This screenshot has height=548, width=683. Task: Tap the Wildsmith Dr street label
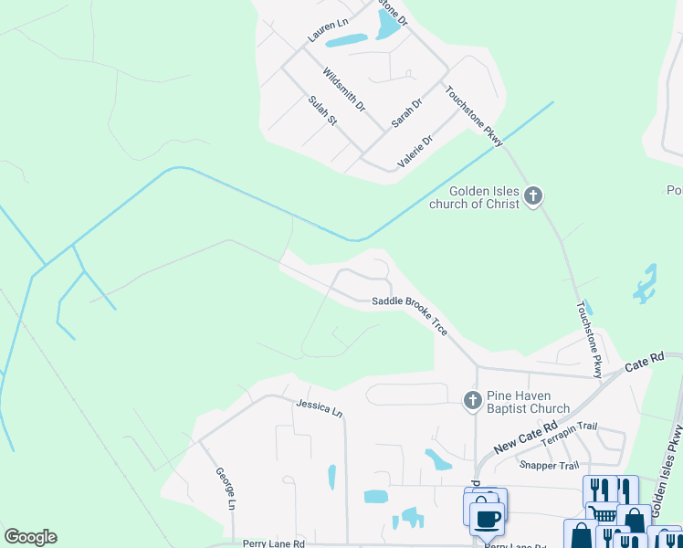click(344, 90)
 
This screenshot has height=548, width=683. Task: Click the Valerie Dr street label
click(415, 152)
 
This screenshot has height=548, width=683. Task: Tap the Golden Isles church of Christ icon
click(533, 195)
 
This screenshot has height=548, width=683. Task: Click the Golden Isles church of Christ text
click(475, 197)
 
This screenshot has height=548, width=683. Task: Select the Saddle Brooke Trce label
click(409, 314)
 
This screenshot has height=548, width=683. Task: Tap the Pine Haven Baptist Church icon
click(472, 399)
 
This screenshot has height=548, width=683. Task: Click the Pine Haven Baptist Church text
click(528, 402)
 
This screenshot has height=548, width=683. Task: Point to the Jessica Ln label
click(319, 407)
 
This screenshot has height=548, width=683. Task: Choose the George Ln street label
click(226, 489)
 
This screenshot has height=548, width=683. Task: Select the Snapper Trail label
click(544, 465)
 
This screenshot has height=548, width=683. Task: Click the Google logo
click(30, 537)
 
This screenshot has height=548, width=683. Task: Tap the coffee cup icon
click(487, 517)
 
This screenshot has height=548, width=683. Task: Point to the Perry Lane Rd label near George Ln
click(273, 543)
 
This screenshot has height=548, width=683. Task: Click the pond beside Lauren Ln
click(346, 40)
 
